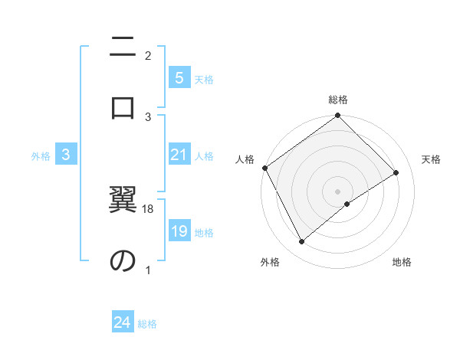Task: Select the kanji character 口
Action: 123,106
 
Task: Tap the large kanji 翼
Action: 123,201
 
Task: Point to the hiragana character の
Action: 123,260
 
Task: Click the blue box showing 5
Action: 179,78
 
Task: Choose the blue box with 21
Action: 179,155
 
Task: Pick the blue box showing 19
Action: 179,232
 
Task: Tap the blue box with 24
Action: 123,322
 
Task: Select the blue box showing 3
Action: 66,155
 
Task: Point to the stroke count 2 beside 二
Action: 148,55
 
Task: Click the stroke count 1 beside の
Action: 148,270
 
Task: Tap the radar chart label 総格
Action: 338,100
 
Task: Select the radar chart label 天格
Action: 431,159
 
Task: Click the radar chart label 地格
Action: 402,263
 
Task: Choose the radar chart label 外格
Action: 270,263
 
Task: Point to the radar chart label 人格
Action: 245,159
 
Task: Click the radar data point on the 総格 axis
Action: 338,116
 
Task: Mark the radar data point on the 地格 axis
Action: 347,204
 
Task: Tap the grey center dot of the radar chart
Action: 338,191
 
